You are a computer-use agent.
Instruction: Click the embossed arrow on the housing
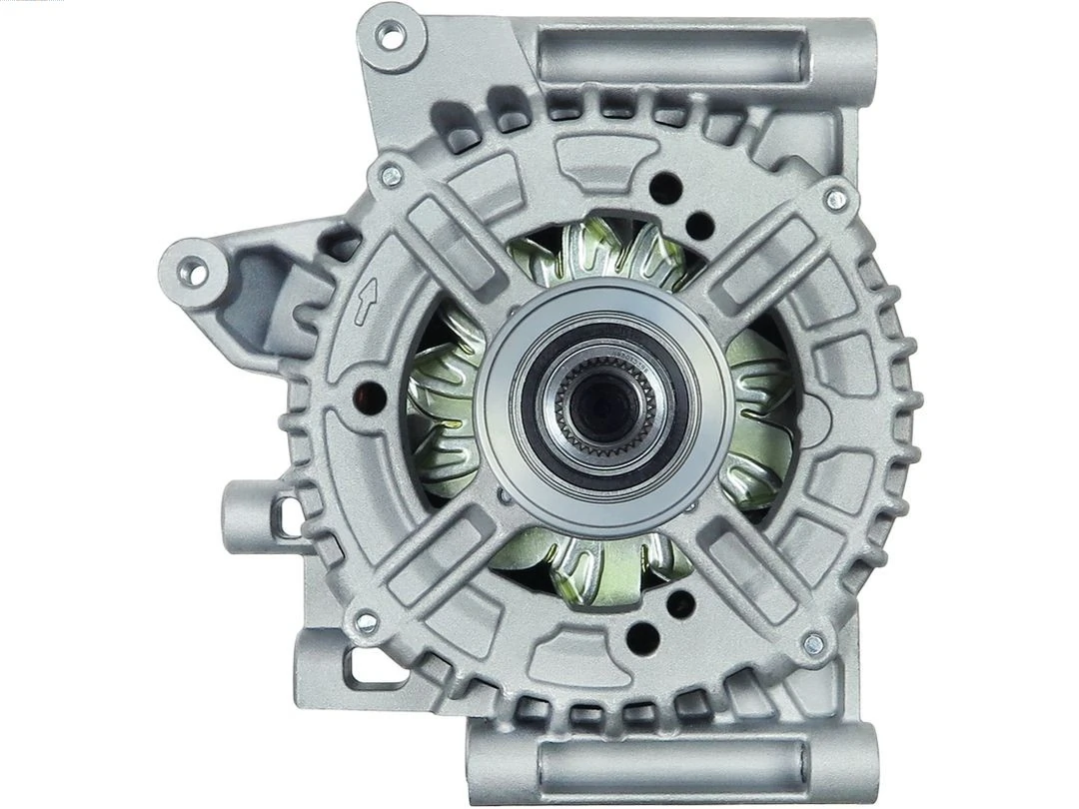coord(367,302)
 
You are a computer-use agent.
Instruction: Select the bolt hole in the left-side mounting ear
coord(192,270)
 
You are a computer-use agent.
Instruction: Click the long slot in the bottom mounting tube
coord(671,764)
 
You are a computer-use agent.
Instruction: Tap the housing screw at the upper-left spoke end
coord(391,177)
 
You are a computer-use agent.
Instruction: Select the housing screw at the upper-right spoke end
coord(835,199)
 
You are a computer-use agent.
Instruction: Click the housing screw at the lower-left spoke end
coord(367,623)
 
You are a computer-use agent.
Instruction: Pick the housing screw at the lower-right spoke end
coord(813,643)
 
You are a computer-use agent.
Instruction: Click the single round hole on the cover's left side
coord(371,397)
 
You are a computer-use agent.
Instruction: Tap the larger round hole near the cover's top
coord(665,188)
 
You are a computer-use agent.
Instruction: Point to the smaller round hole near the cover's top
coord(699,226)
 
